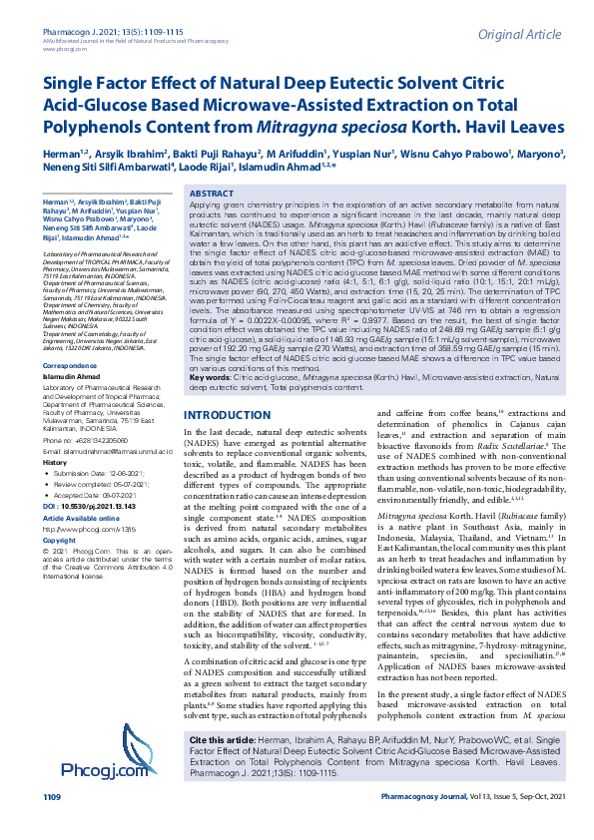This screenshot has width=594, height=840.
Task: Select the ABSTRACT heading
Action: click(212, 194)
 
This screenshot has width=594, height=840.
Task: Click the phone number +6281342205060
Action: click(98, 440)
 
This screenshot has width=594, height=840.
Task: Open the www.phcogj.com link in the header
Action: click(64, 19)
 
